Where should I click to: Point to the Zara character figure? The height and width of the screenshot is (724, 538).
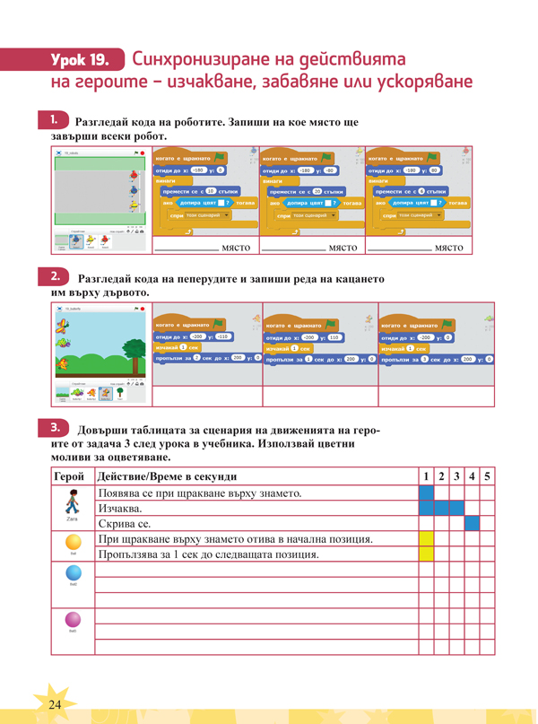point(72,502)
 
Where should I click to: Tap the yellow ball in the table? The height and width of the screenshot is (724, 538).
point(73,542)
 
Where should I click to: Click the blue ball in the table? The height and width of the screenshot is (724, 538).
point(73,573)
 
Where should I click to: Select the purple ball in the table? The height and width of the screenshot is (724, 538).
point(73,619)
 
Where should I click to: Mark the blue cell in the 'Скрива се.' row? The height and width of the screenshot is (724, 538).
point(472,523)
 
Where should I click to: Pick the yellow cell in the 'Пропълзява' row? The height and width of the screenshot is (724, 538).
point(426,554)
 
